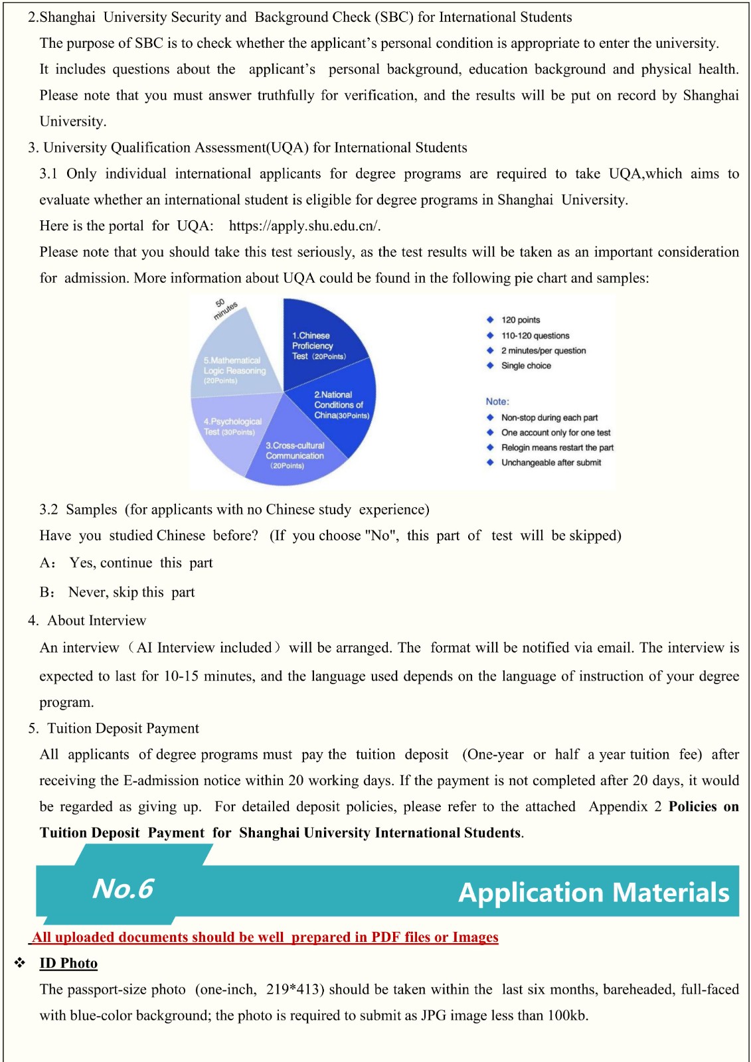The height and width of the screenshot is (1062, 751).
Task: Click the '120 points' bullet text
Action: [x=521, y=320]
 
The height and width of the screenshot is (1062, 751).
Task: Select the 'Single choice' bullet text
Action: [x=526, y=366]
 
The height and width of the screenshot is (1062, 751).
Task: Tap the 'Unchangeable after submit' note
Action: [x=551, y=463]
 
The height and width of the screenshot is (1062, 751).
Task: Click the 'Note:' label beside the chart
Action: [x=497, y=402]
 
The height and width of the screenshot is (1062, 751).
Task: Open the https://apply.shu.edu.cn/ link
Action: [x=304, y=226]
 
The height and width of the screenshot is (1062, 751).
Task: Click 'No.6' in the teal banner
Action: [x=123, y=889]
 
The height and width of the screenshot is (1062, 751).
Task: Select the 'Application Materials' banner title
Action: [x=594, y=893]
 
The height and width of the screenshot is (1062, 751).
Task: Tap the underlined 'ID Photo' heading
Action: [x=68, y=963]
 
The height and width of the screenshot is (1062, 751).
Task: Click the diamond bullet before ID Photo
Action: [x=20, y=963]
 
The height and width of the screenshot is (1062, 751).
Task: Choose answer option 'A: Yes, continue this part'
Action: [x=126, y=563]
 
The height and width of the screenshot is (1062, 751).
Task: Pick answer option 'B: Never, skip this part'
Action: [x=117, y=592]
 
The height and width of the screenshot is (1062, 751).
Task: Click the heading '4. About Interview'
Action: [x=87, y=621]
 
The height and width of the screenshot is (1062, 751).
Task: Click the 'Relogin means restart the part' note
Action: [x=557, y=447]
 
